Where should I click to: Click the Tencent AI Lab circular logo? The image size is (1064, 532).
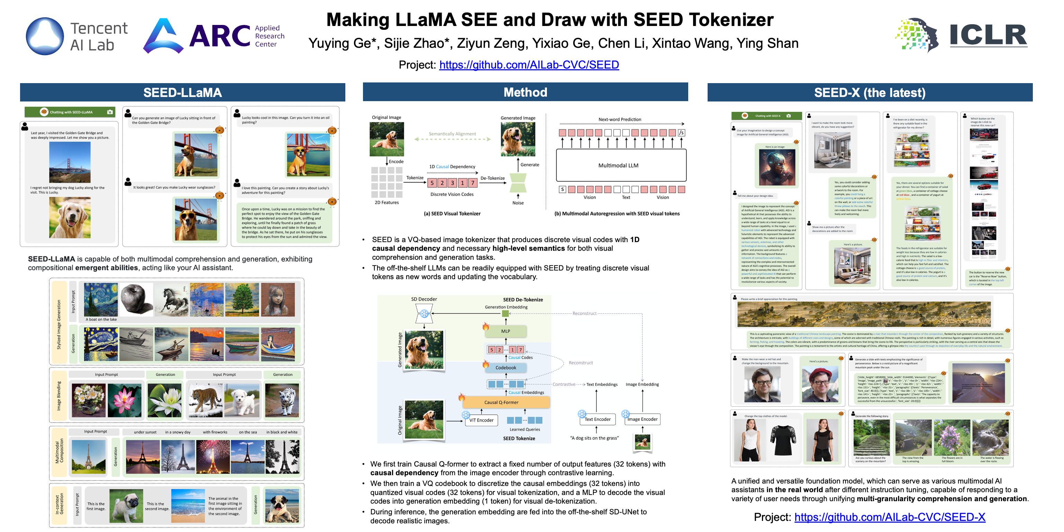coord(45,36)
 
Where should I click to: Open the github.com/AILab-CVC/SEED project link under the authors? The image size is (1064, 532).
coord(529,65)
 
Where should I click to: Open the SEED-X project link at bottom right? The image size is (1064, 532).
coord(890,517)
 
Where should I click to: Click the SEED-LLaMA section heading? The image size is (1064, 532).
coord(182,92)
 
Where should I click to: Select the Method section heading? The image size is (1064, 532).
coord(525,92)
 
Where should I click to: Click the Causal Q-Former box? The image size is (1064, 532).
coord(501,402)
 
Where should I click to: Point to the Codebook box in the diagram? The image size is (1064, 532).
coord(506,367)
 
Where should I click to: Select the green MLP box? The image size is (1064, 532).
coord(506,331)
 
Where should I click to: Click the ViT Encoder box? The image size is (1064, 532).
coord(481,420)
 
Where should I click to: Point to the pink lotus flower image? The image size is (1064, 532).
coord(124,400)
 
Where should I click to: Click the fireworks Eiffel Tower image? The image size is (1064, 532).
coord(213,456)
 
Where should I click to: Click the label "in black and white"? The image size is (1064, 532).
coord(282,432)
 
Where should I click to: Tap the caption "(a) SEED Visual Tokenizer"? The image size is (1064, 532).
coord(452,214)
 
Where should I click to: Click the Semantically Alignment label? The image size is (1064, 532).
coord(452,134)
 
